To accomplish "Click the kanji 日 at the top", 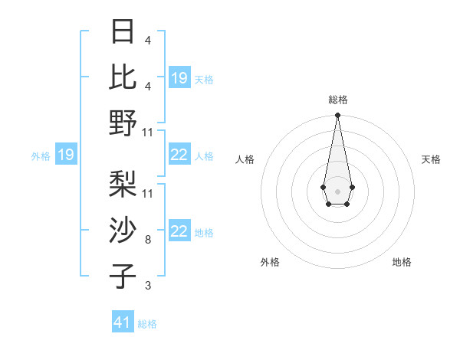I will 123,32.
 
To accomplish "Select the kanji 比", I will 123,77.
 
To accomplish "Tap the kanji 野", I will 123,123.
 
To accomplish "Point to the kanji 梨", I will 123,184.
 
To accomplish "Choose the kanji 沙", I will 123,230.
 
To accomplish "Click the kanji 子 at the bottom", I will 123,276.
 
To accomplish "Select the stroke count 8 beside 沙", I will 148,240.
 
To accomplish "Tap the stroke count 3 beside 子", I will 148,286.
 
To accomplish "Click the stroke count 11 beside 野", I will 148,133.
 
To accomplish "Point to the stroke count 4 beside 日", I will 148,41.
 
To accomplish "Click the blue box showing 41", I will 123,322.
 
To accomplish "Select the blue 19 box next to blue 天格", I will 179,78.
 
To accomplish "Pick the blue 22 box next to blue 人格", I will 179,155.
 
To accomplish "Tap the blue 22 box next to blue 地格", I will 179,232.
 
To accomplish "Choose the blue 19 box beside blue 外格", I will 65,155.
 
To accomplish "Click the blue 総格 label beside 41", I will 147,324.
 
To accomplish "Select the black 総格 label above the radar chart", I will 337,100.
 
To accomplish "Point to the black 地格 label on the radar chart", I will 402,262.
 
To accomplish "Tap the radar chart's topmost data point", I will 337,116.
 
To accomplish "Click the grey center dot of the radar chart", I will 337,190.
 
